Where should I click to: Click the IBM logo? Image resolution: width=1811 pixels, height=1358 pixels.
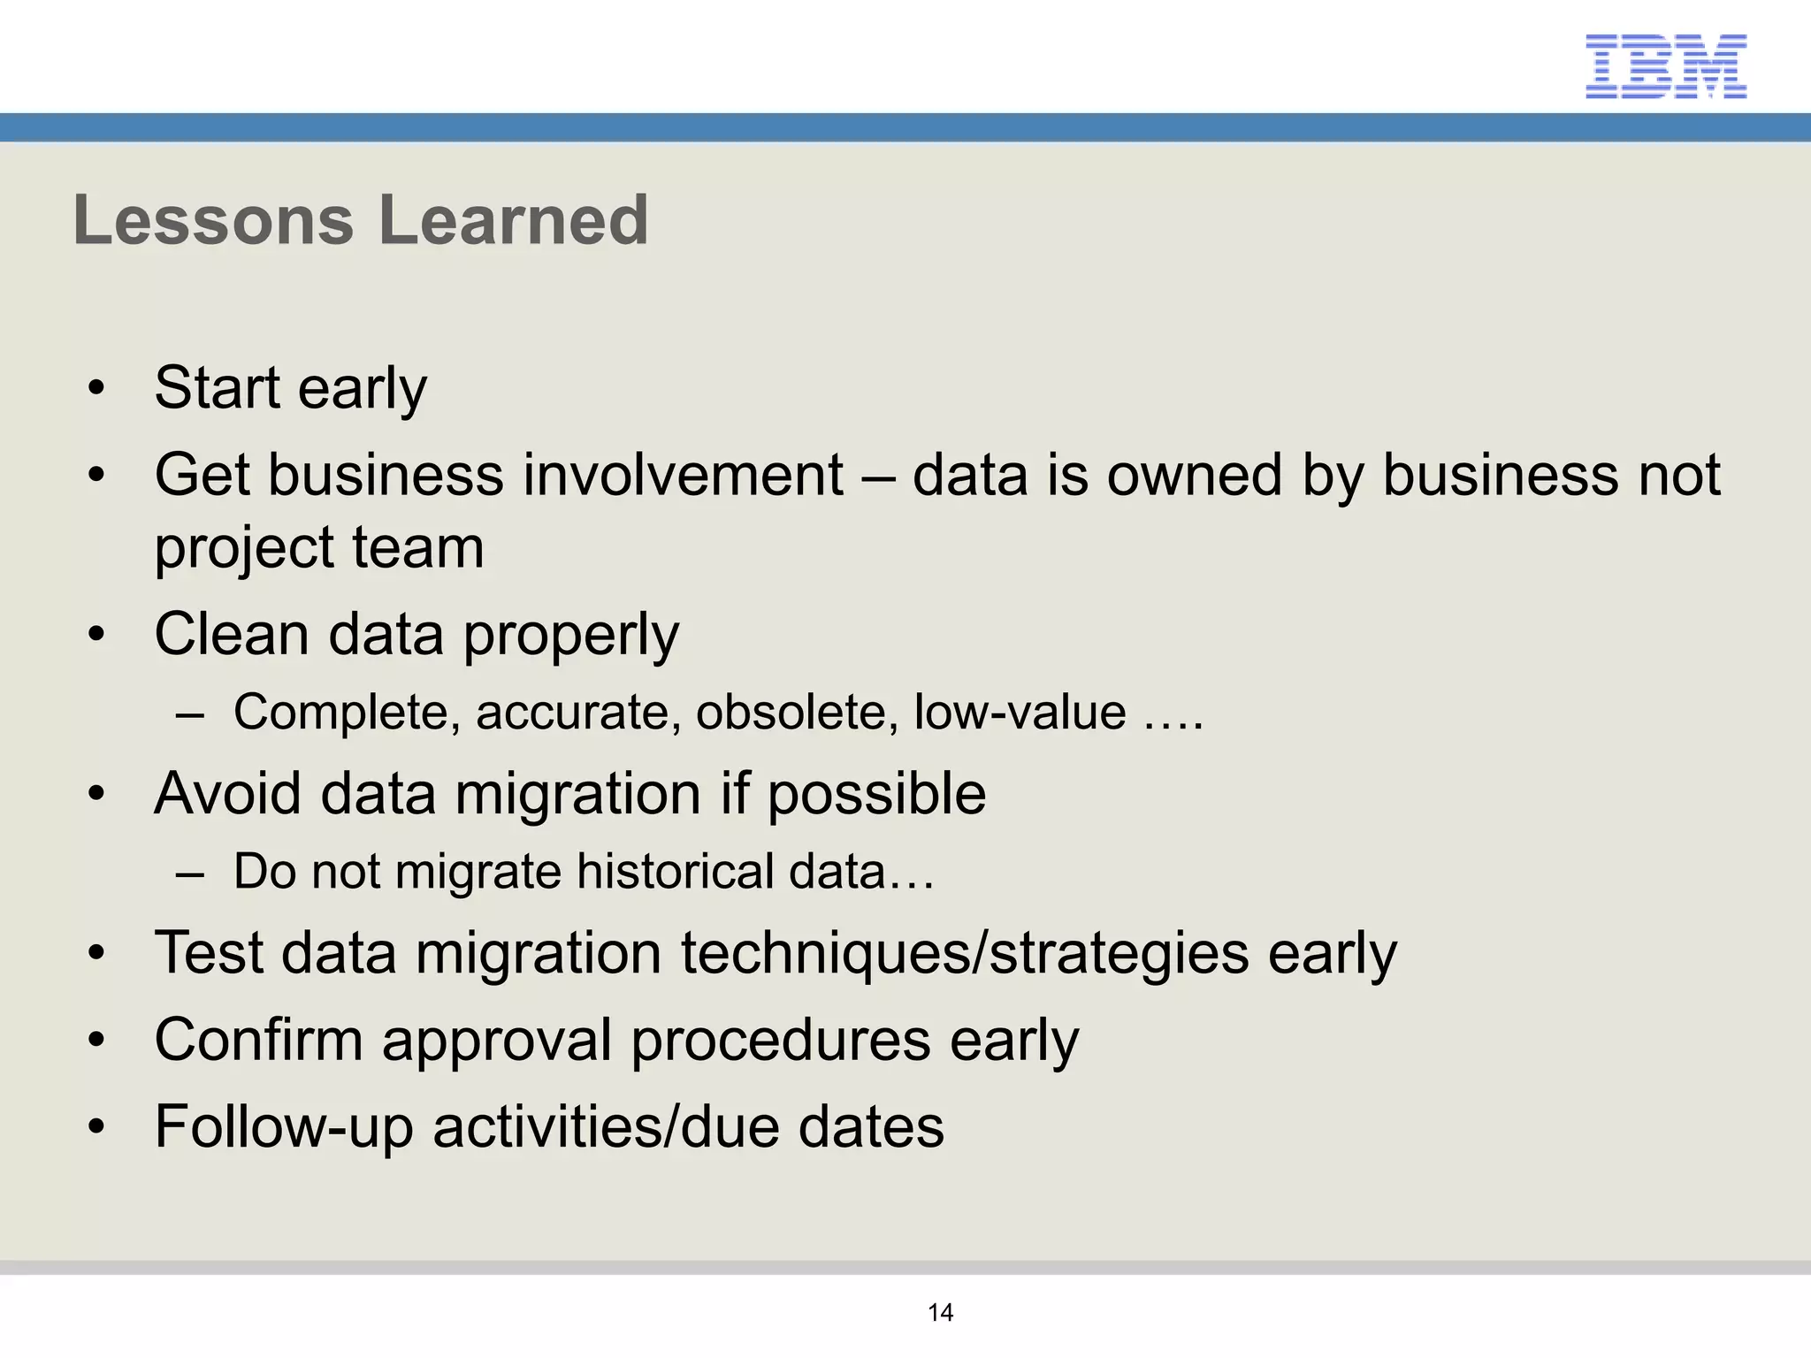click(1665, 65)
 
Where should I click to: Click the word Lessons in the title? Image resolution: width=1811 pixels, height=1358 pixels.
click(213, 220)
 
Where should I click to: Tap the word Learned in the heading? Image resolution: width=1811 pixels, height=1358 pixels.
click(514, 220)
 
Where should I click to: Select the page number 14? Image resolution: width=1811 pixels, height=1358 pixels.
click(940, 1312)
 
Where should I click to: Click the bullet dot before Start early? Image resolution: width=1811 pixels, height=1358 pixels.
click(96, 388)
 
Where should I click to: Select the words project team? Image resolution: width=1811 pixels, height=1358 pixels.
click(319, 547)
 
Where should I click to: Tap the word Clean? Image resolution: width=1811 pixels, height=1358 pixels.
click(232, 634)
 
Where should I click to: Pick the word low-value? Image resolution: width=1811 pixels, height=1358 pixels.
click(1020, 712)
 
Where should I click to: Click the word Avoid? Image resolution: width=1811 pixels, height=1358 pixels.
click(228, 793)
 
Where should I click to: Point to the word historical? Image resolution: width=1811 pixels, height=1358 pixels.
click(675, 871)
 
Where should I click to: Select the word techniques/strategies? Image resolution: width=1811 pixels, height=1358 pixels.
click(965, 953)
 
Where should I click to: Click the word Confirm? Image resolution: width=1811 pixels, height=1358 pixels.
click(258, 1040)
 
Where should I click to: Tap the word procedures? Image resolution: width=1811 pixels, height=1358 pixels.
click(781, 1040)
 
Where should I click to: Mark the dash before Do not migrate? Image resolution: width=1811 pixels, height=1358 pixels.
click(190, 874)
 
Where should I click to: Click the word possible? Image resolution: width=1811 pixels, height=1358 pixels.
click(876, 793)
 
